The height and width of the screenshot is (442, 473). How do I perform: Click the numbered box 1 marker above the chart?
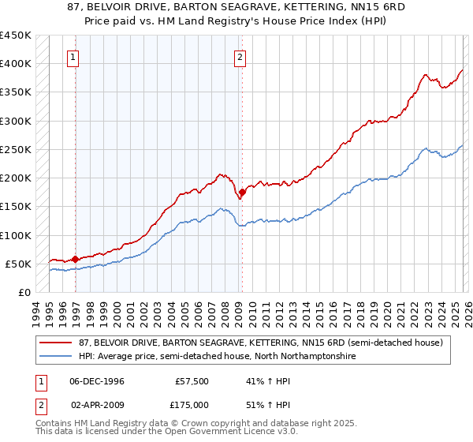point(73,56)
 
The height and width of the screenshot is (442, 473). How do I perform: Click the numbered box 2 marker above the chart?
point(239,56)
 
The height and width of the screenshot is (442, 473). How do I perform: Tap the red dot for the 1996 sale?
point(76,259)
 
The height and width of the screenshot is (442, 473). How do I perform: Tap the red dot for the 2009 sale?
point(242,192)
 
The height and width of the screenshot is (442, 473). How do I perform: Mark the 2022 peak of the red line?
point(424,75)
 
